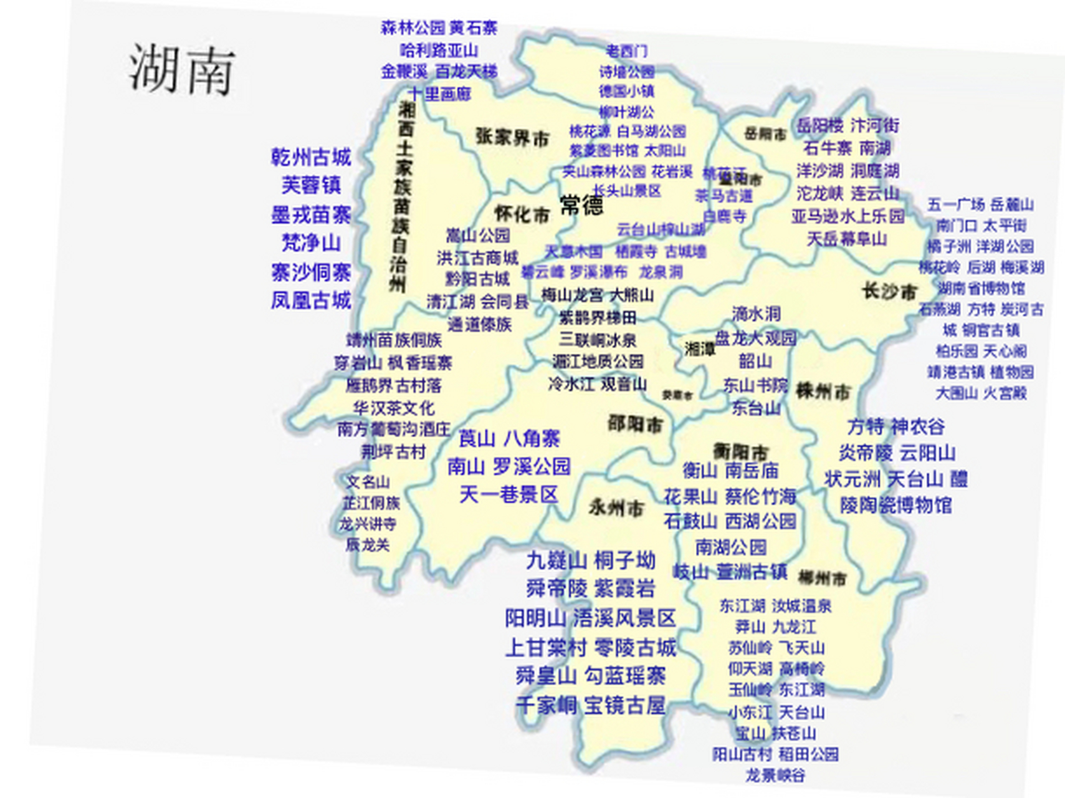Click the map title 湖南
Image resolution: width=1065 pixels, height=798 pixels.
[181, 69]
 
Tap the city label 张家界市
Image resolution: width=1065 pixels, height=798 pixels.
[512, 137]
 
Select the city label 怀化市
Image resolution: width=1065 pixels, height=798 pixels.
[522, 214]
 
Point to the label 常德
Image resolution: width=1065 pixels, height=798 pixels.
[581, 205]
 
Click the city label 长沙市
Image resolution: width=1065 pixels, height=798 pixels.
[889, 291]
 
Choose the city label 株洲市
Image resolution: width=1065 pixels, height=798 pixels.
[823, 392]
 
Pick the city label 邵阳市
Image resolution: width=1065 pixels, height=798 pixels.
[635, 425]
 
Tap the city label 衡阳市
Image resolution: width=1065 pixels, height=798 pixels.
[740, 451]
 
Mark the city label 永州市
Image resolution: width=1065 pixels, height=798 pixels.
[616, 508]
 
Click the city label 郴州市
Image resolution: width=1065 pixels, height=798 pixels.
[822, 579]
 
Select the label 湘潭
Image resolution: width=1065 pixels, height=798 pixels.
[700, 349]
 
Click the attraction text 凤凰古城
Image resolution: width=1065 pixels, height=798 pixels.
[311, 300]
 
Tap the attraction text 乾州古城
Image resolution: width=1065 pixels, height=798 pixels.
[311, 157]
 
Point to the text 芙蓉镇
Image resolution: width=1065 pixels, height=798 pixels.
[311, 185]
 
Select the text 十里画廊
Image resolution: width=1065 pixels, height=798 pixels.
[439, 94]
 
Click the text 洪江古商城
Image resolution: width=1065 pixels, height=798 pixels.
[477, 257]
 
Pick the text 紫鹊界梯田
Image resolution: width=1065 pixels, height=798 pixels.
[597, 318]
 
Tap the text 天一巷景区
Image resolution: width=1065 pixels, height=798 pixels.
[509, 495]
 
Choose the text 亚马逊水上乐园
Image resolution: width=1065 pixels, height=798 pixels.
[848, 216]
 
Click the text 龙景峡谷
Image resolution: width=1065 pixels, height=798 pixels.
[775, 776]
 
